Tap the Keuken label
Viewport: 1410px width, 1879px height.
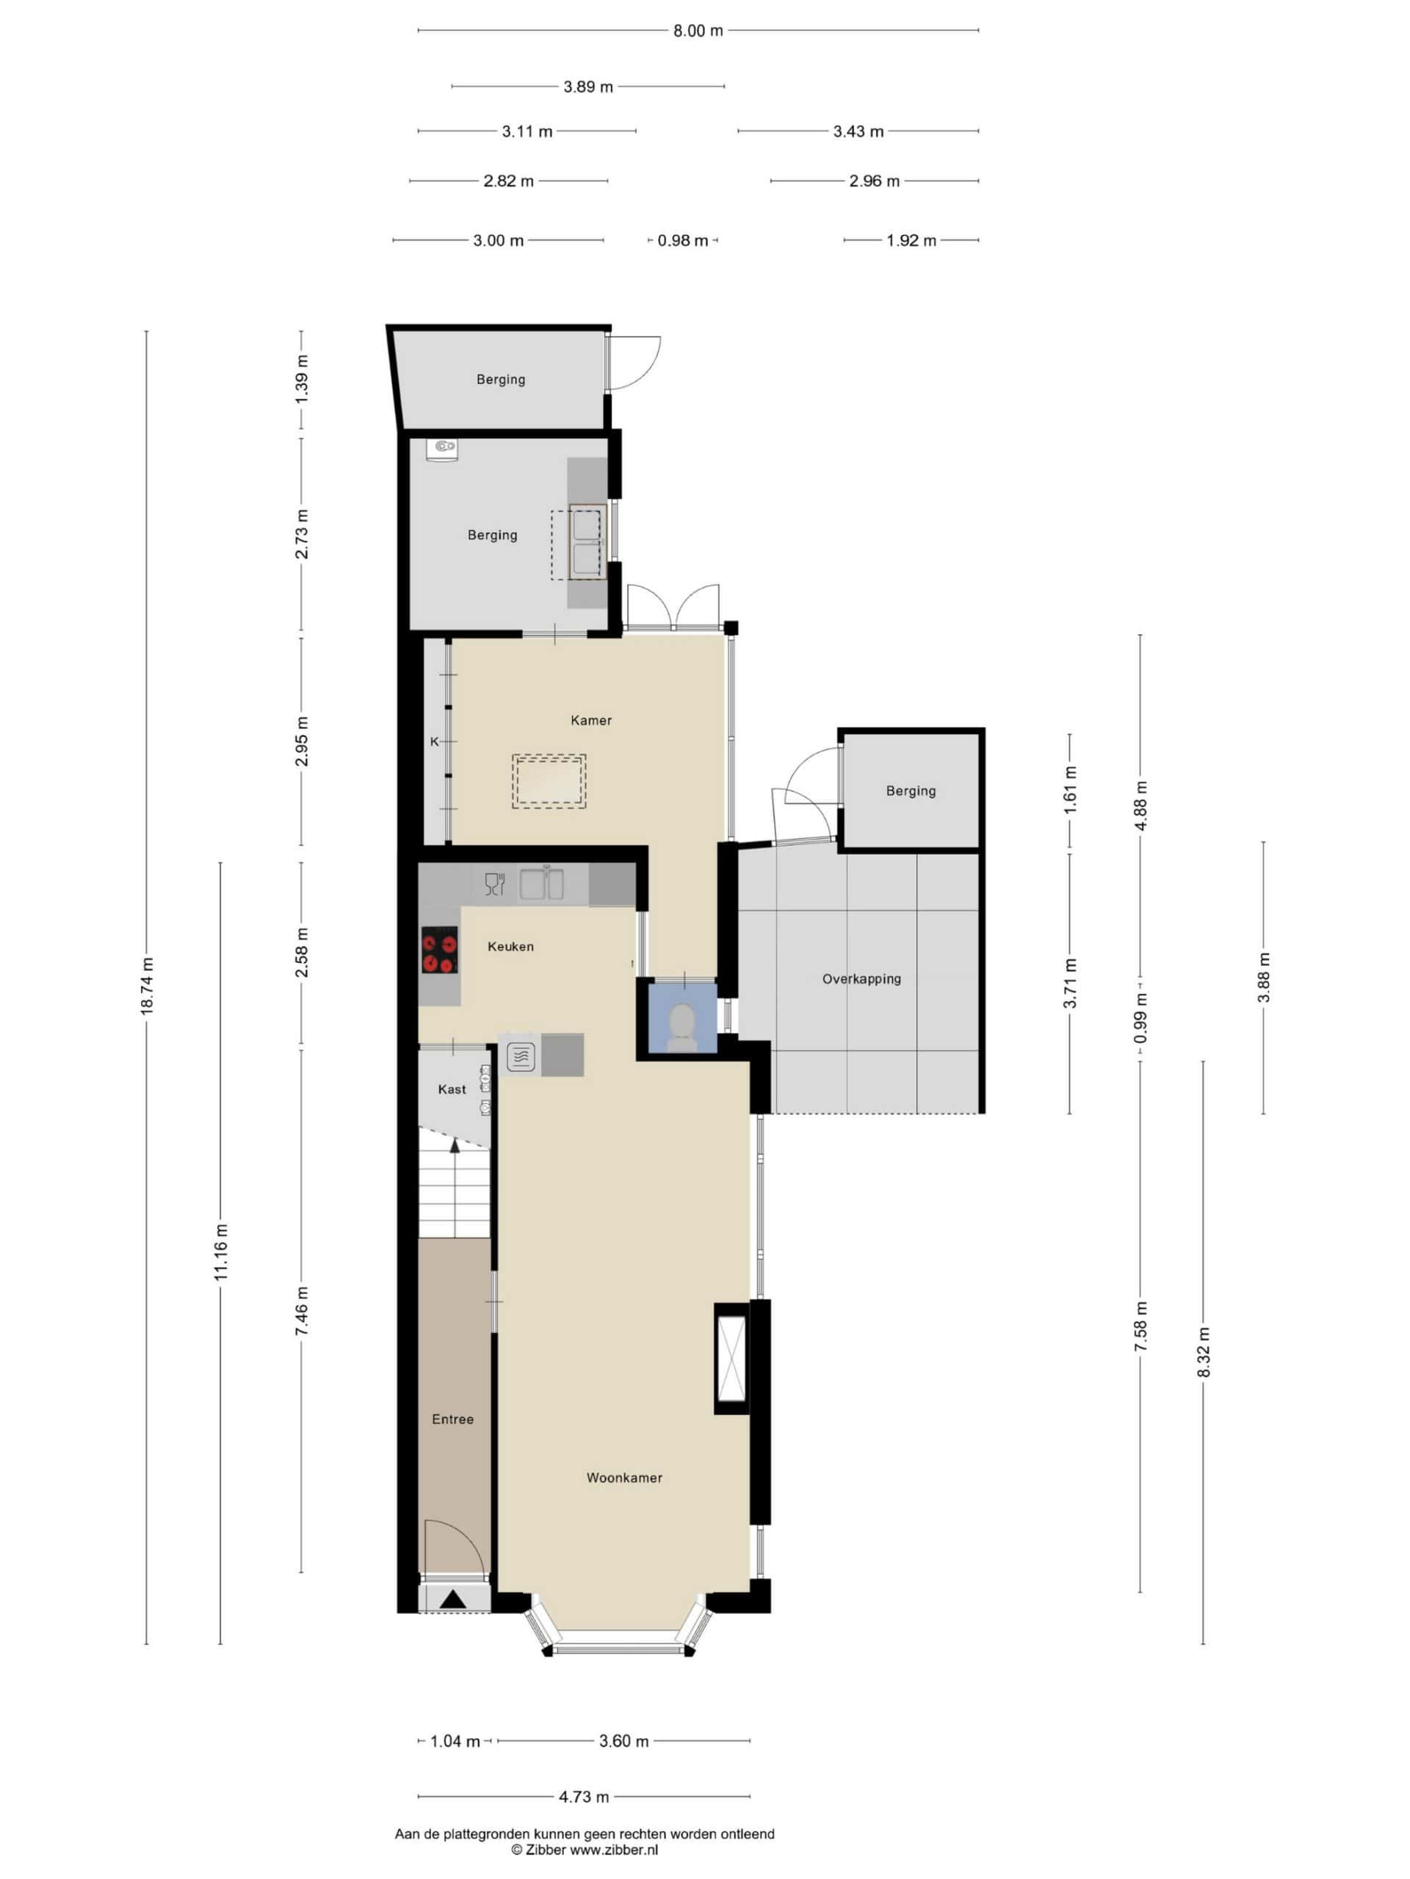pos(510,946)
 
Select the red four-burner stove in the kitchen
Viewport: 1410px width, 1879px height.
pos(440,949)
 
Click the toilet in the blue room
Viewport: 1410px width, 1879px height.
pos(681,1025)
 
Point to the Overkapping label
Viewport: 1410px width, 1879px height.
pos(861,978)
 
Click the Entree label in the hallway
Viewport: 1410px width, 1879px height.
pos(452,1419)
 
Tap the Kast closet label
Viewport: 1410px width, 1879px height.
pos(452,1089)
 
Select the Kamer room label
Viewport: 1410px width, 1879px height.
pos(590,720)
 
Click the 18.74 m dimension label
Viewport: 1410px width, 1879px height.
pos(147,985)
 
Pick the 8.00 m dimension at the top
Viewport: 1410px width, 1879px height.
pos(698,31)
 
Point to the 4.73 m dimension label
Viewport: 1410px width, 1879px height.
pos(583,1797)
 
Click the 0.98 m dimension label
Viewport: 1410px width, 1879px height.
pos(682,241)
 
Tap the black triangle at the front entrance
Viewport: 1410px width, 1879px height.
pos(452,1599)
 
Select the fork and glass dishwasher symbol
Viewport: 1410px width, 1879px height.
pos(493,884)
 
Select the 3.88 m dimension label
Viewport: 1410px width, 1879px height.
pos(1264,978)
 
